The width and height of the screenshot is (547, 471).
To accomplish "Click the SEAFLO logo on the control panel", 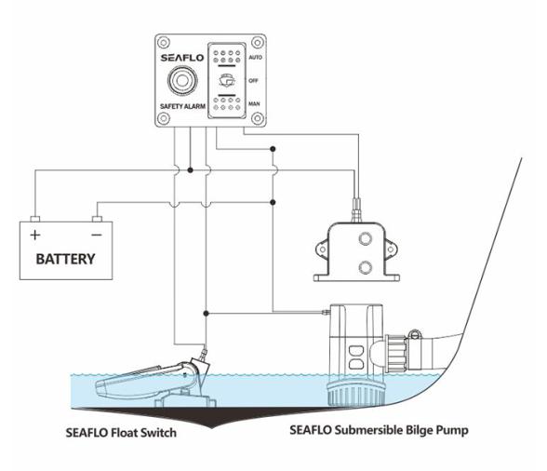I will click(180, 58).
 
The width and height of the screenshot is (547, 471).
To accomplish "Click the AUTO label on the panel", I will click(254, 57).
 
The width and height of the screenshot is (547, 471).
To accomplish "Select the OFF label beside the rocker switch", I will click(254, 80).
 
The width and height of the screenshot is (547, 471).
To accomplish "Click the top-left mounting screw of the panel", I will click(164, 43).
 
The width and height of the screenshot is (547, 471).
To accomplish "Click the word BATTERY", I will click(65, 258).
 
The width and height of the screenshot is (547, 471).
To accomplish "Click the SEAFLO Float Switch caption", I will click(121, 433).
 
